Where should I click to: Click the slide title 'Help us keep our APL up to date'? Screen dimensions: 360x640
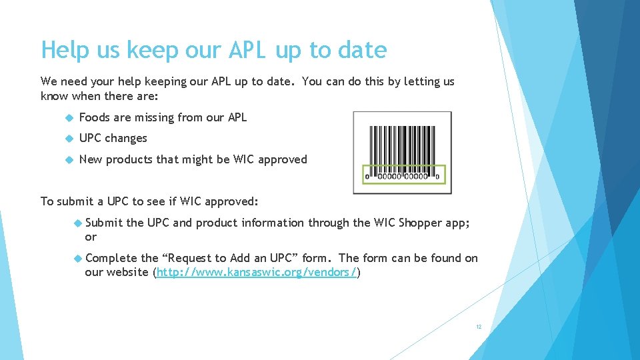pos(213,50)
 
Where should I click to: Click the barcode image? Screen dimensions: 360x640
pos(402,152)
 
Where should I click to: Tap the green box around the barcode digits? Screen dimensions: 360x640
pos(402,175)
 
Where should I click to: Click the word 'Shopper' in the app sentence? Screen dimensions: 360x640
pos(421,223)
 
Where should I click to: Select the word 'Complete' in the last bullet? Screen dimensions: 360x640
pos(112,258)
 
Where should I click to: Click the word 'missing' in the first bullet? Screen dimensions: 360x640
pos(155,117)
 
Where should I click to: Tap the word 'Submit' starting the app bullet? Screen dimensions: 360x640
pos(104,223)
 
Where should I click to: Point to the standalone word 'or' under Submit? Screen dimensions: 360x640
pos(91,237)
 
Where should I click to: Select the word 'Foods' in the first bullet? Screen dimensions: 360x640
pos(95,117)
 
